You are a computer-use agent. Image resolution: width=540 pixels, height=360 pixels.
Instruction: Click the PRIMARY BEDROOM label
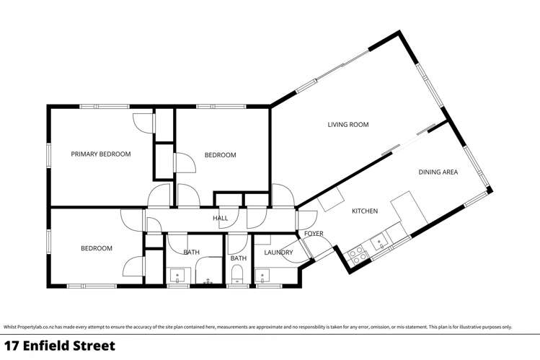coord(100,154)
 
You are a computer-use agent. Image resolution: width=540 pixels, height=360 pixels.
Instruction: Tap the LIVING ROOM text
coord(348,125)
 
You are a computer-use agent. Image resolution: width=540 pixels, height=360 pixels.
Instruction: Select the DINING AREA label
coord(438,172)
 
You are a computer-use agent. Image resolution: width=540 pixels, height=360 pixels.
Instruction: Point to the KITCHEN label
coord(365,211)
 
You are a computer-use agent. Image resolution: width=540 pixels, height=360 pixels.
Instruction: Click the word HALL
coord(221,218)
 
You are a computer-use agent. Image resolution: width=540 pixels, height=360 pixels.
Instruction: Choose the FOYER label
coord(314,233)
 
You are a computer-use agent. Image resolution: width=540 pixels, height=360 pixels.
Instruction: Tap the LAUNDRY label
coord(278,253)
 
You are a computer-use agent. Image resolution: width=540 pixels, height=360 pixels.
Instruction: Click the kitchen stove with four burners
coord(355,253)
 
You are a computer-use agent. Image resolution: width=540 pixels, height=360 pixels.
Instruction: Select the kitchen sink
coord(378,241)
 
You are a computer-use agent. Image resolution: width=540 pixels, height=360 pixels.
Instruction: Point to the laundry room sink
coord(263,275)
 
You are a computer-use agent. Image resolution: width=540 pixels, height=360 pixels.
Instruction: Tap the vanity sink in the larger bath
coord(177,275)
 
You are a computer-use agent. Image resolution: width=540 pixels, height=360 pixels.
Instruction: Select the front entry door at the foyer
coord(317,253)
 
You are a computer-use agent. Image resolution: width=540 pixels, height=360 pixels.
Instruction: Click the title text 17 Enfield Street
coord(59,346)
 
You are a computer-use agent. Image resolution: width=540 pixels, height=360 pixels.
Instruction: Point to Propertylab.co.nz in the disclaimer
coord(33,327)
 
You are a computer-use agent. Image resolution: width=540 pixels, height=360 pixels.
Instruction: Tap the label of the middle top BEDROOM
coord(220,155)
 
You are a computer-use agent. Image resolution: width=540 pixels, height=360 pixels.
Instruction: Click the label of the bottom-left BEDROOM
coord(96,248)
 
